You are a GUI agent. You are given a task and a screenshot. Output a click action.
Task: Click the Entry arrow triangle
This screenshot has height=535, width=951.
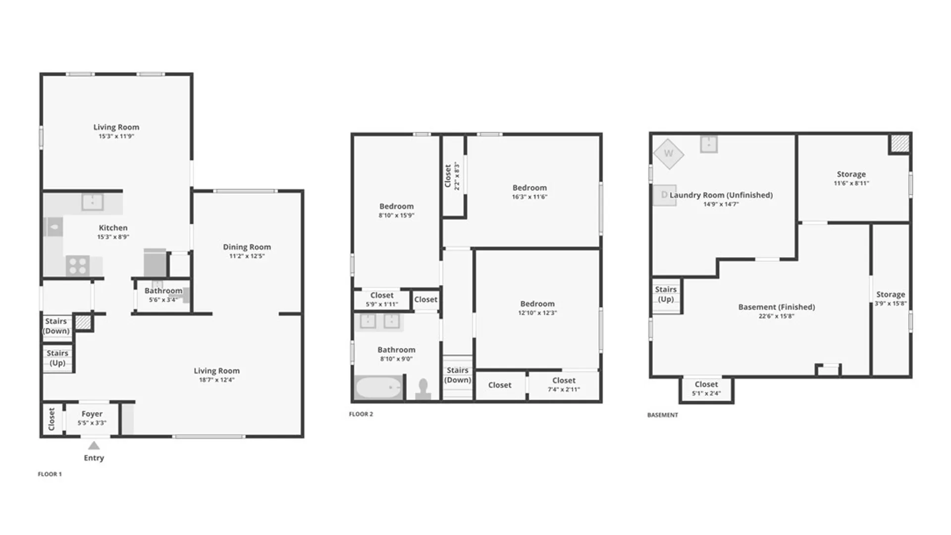(x=94, y=446)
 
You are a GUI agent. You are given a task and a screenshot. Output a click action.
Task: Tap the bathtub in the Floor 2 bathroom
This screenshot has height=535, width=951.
(x=378, y=387)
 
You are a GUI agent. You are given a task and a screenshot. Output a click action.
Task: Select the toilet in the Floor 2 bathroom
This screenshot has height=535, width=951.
(x=423, y=389)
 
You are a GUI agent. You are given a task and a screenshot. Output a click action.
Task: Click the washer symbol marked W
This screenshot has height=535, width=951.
(x=668, y=154)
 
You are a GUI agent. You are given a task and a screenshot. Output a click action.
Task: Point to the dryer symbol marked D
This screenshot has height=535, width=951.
(x=664, y=195)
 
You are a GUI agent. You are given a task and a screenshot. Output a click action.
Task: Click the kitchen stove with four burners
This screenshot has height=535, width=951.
(x=78, y=266)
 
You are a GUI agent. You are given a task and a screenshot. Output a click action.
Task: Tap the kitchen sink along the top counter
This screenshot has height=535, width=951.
(x=92, y=202)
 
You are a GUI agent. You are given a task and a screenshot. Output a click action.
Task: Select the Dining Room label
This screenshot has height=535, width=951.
(x=247, y=247)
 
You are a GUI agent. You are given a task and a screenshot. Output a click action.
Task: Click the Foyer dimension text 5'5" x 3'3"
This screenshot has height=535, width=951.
(x=92, y=423)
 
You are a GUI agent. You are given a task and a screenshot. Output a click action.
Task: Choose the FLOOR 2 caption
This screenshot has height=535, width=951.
(x=361, y=414)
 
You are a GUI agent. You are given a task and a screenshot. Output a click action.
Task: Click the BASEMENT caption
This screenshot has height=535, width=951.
(x=662, y=415)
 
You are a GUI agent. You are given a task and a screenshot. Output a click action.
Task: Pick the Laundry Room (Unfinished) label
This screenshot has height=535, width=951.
(x=721, y=195)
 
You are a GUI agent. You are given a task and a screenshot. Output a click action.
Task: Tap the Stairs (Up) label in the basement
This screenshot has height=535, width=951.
(x=666, y=294)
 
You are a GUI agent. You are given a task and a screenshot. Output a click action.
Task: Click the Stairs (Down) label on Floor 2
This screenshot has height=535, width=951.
(x=457, y=375)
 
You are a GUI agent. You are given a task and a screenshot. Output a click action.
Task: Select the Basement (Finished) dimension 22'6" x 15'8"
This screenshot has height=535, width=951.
(x=776, y=316)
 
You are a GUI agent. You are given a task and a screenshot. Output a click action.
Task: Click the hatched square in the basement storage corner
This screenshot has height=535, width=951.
(x=899, y=144)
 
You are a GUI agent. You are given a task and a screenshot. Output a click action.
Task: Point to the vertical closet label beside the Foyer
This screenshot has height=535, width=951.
(x=52, y=419)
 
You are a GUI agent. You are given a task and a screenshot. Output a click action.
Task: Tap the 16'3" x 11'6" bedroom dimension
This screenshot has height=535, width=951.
(x=529, y=197)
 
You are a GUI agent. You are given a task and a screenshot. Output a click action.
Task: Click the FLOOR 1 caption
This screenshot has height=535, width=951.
(x=50, y=474)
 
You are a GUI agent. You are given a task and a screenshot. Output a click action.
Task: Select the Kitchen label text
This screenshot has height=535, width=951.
(x=113, y=228)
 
